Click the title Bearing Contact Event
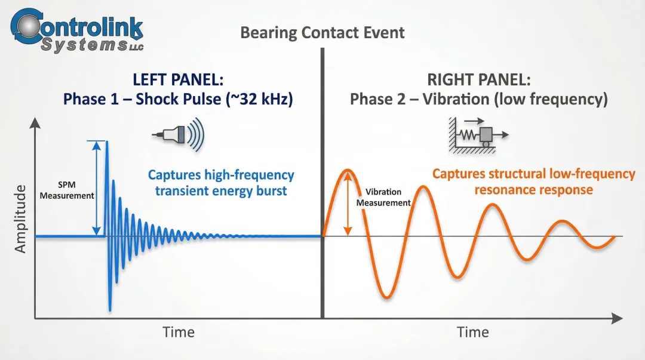click(x=322, y=32)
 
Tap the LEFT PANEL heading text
click(x=178, y=79)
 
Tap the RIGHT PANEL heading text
click(x=478, y=79)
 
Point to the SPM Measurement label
click(x=67, y=190)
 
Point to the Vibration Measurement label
click(x=383, y=197)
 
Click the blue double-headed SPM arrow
click(x=96, y=188)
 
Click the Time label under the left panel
click(x=179, y=332)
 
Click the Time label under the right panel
click(x=472, y=332)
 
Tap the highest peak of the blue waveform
click(x=107, y=142)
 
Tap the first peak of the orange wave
click(x=346, y=171)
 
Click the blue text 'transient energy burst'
click(x=221, y=191)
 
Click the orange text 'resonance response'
click(x=533, y=190)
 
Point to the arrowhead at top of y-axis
click(x=35, y=123)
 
